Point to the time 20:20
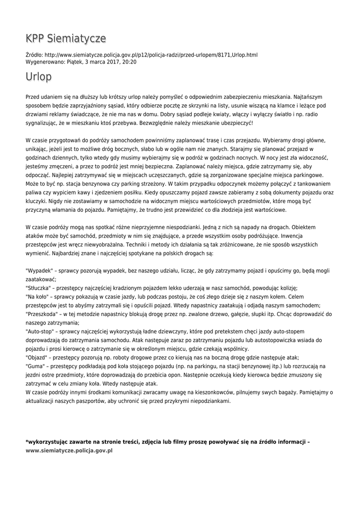coord(129,63)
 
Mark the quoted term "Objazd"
coord(38,357)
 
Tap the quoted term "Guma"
coord(36,366)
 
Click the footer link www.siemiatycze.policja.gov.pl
coord(69,450)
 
